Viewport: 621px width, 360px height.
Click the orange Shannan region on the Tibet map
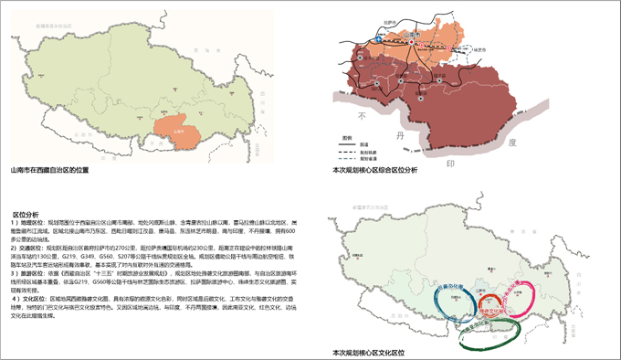pos(174,132)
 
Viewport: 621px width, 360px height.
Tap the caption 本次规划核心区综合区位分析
pos(375,170)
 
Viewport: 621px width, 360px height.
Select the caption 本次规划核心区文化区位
pos(370,351)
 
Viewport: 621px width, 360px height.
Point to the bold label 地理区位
pos(31,223)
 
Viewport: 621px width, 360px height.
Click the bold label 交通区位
pos(31,248)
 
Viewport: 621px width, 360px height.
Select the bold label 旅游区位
pos(31,272)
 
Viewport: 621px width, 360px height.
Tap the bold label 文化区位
pos(31,298)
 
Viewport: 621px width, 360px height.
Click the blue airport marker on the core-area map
pos(375,39)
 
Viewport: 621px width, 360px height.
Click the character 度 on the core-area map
pos(512,143)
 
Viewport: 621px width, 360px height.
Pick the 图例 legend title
pos(348,137)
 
